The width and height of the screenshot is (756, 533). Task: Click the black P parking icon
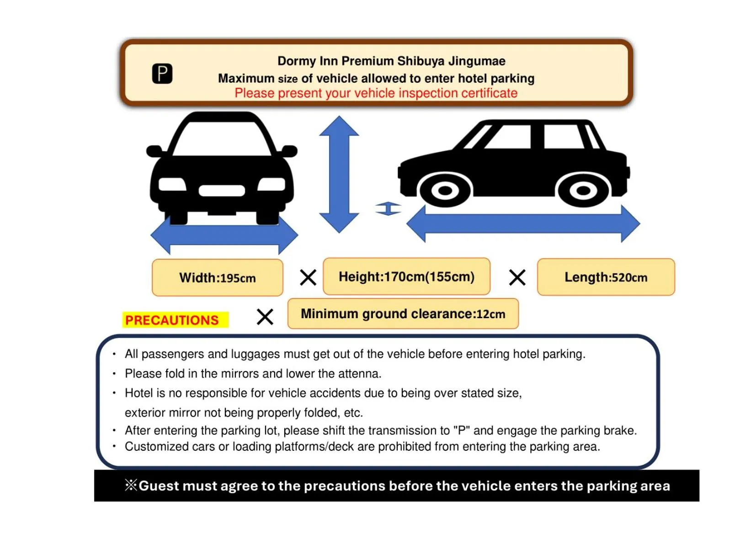click(x=162, y=74)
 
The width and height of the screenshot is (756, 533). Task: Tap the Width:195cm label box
click(x=217, y=277)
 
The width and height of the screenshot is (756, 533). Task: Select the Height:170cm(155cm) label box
click(x=406, y=277)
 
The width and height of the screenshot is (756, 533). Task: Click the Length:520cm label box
click(x=606, y=277)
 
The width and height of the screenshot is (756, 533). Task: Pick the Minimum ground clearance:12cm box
click(x=403, y=314)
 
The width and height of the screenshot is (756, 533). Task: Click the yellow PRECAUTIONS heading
click(x=172, y=320)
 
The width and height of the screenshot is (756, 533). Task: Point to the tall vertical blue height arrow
click(x=339, y=174)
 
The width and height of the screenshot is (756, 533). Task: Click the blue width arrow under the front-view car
click(x=224, y=235)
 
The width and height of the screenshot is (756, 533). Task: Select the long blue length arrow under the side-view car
click(x=523, y=224)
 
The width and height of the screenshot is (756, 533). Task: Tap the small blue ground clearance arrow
click(x=388, y=209)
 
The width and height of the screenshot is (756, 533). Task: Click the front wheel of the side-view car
click(x=445, y=190)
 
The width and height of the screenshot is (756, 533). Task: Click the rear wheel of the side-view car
click(x=583, y=190)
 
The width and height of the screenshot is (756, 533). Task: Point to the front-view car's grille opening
click(x=222, y=190)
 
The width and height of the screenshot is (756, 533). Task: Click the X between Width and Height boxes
click(x=308, y=277)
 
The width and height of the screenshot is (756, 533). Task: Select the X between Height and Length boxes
click(x=517, y=277)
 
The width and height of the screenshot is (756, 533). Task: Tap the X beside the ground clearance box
click(x=265, y=316)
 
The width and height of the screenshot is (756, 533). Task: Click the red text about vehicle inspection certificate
click(x=376, y=93)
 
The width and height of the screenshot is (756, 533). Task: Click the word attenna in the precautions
click(x=359, y=374)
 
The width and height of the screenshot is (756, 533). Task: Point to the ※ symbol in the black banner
click(x=131, y=485)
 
